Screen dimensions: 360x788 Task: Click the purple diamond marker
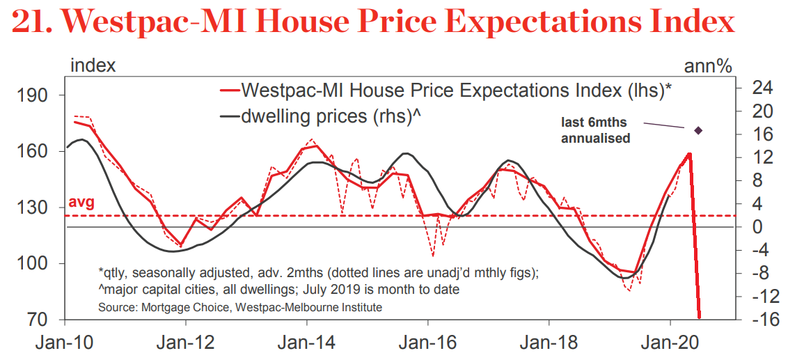click(x=698, y=130)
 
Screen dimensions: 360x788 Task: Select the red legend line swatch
click(x=229, y=90)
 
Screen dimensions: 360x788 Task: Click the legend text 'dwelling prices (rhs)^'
click(x=332, y=116)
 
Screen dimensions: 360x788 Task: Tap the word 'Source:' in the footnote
click(x=118, y=306)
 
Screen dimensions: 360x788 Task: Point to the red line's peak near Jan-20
click(x=689, y=153)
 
